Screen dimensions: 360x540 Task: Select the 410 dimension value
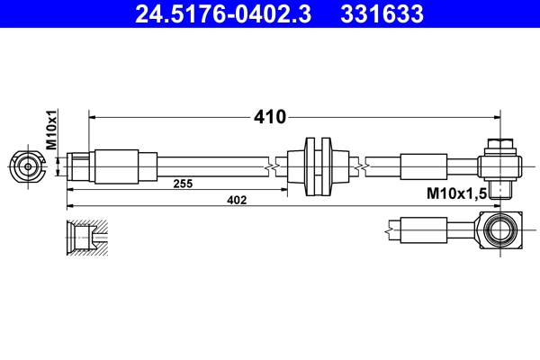pyautogui.click(x=268, y=116)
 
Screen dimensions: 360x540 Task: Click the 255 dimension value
pyautogui.click(x=184, y=184)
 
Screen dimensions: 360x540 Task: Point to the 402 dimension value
pyautogui.click(x=236, y=200)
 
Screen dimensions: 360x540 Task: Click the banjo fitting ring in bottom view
pyautogui.click(x=498, y=230)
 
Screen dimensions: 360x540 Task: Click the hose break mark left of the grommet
pyautogui.click(x=272, y=166)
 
